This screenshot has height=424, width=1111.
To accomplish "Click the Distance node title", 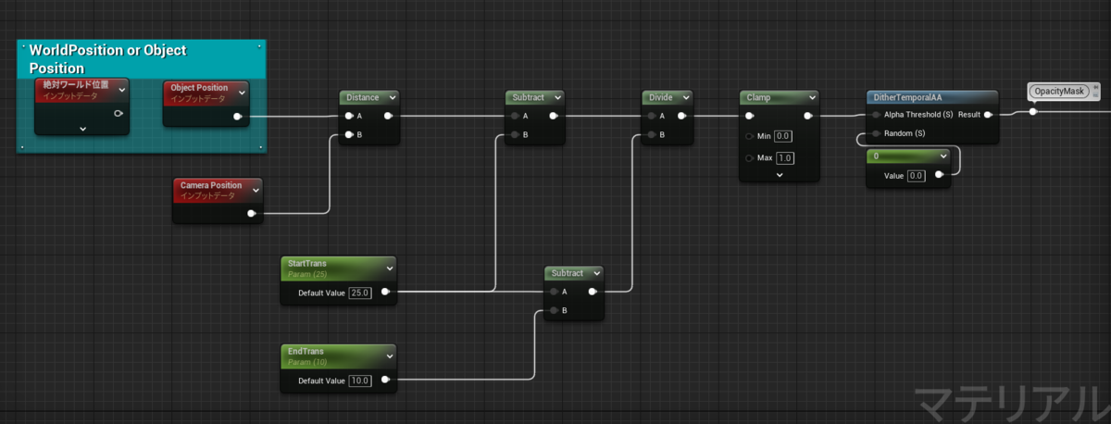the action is click(x=363, y=97).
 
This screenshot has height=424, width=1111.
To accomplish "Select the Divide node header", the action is click(x=668, y=97).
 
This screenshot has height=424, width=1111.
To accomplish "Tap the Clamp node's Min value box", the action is click(x=782, y=136).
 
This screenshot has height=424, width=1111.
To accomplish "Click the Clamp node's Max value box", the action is click(x=785, y=158).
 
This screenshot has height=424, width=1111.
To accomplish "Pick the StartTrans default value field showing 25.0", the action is click(x=359, y=293).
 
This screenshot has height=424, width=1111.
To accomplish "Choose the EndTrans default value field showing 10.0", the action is click(x=359, y=380).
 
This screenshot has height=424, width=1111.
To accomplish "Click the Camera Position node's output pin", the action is click(x=252, y=213).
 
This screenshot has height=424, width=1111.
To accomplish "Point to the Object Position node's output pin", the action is click(x=238, y=117).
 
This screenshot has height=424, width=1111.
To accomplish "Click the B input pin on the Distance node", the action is click(x=349, y=134).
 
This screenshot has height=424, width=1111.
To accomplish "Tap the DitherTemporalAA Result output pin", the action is click(x=988, y=115).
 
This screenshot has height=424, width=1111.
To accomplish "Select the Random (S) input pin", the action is click(x=877, y=133).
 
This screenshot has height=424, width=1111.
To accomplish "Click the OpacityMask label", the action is click(x=1059, y=92).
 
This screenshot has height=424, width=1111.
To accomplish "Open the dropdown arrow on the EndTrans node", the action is click(x=390, y=356).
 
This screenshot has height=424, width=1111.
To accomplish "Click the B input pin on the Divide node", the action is click(x=652, y=134).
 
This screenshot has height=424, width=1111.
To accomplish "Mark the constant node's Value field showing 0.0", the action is click(x=916, y=176).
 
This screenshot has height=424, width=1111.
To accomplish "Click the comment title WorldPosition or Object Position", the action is click(x=107, y=59).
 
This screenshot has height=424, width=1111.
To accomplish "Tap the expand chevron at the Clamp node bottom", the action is click(x=780, y=175).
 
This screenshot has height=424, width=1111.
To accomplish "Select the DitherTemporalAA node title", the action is click(x=907, y=97).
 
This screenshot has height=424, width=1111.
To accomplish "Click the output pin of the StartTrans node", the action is click(x=385, y=292).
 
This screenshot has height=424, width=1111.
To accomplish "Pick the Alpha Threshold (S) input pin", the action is click(x=877, y=115).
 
